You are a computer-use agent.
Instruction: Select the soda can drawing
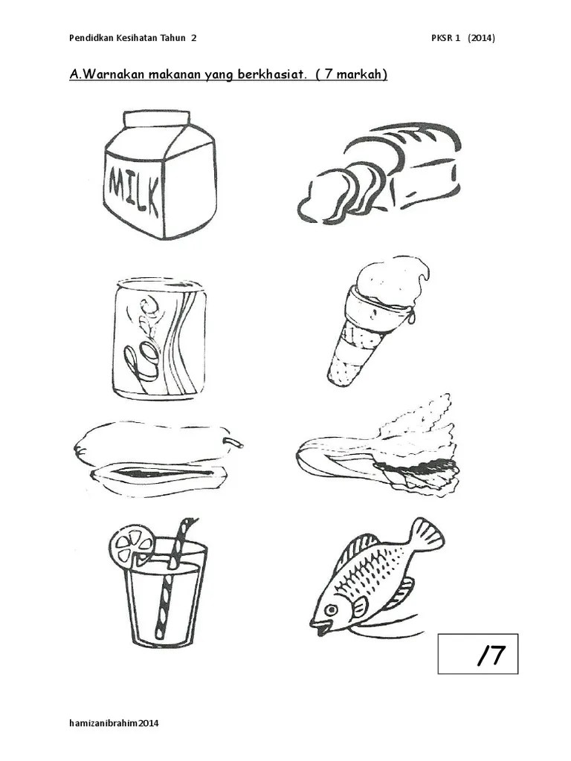click(159, 339)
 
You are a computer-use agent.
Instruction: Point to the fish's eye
click(331, 609)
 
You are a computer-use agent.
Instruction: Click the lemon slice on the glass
click(131, 545)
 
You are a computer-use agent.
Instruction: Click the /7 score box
click(478, 654)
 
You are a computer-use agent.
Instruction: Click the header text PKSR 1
click(445, 39)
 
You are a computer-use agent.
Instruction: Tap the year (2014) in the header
click(481, 39)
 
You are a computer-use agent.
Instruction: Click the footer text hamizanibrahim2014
click(114, 723)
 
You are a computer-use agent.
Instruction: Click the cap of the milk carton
click(157, 119)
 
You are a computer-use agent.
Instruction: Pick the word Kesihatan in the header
click(138, 38)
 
